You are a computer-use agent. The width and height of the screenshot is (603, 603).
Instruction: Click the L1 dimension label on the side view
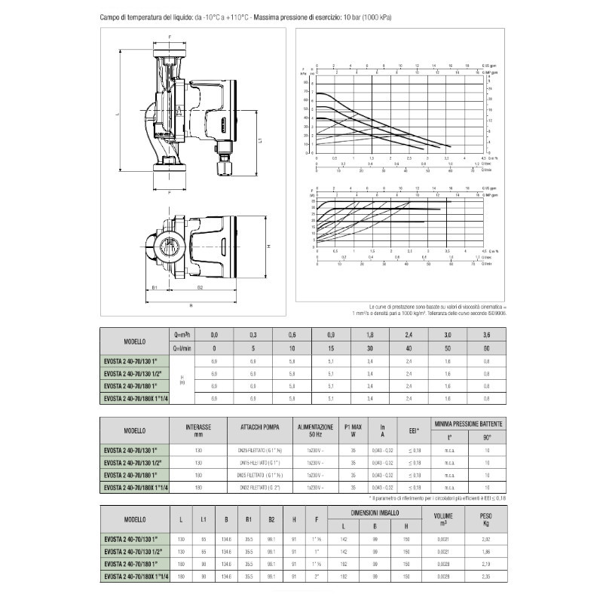[x=259, y=141]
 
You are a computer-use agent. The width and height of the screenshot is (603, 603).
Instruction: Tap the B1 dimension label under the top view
[x=154, y=287]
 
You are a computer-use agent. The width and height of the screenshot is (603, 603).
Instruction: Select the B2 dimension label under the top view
[x=200, y=287]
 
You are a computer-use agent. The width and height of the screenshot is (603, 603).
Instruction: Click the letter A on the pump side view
[x=178, y=110]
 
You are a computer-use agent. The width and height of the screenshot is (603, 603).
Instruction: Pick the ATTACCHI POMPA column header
[x=262, y=427]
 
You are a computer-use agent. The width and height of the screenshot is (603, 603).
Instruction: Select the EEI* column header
[x=413, y=430]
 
